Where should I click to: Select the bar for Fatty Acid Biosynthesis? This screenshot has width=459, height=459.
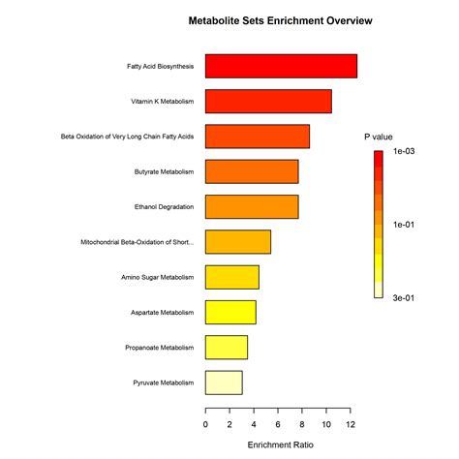pos(281,67)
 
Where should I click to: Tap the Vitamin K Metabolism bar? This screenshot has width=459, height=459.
pos(268,102)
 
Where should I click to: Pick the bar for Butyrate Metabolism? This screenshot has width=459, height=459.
pos(252,171)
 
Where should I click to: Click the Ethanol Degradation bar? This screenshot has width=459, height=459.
pos(252,206)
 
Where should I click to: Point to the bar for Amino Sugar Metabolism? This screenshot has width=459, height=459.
pos(232,277)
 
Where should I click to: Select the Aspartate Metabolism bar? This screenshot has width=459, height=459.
pos(230,312)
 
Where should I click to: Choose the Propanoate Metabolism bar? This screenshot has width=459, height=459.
pos(227,347)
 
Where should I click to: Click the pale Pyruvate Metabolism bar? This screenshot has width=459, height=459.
pos(224,382)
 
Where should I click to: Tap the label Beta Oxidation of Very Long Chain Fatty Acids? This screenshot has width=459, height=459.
pos(127,137)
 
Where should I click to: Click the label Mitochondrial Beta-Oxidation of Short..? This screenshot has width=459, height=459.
pos(137,242)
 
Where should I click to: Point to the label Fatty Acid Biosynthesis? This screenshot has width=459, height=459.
pos(160,67)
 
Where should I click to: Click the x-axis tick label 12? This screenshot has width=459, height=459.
pos(350,423)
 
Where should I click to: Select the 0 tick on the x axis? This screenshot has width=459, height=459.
pos(205,423)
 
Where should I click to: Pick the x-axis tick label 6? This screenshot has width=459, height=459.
pos(278,423)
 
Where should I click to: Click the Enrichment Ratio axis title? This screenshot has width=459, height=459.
pos(280,444)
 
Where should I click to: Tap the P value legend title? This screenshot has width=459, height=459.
pos(379,137)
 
